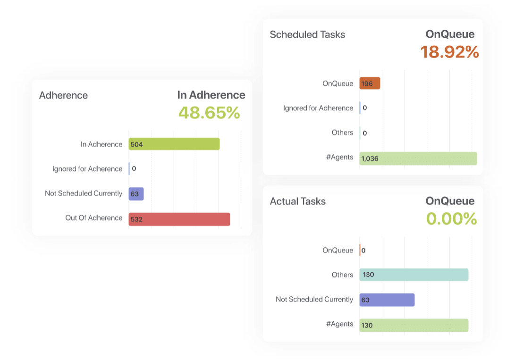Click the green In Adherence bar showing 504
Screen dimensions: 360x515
[x=174, y=144]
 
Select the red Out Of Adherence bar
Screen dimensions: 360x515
[x=179, y=219]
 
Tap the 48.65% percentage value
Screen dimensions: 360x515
[x=209, y=113]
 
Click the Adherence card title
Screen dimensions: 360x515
[x=63, y=95]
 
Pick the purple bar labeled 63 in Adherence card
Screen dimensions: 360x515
[x=136, y=194]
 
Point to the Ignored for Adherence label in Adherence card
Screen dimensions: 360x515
[x=87, y=169]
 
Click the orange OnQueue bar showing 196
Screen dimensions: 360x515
[x=370, y=84]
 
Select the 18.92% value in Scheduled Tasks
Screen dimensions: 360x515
[x=449, y=52]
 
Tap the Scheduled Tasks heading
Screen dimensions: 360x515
[x=307, y=35]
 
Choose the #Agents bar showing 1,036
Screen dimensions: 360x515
[x=418, y=159]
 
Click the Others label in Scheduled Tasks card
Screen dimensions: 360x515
[x=342, y=133]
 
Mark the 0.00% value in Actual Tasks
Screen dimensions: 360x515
[x=451, y=219]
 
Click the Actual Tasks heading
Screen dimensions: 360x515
[x=297, y=201]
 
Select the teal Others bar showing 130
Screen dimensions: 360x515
[x=414, y=275]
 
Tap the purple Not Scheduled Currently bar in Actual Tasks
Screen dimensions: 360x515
[x=387, y=300]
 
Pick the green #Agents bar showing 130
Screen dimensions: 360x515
[x=414, y=325]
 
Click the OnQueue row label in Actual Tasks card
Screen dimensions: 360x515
[x=338, y=251]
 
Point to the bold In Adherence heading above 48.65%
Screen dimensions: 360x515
[x=211, y=95]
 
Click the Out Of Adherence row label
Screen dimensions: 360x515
[x=93, y=218]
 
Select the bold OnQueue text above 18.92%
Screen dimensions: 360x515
[x=450, y=34]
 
